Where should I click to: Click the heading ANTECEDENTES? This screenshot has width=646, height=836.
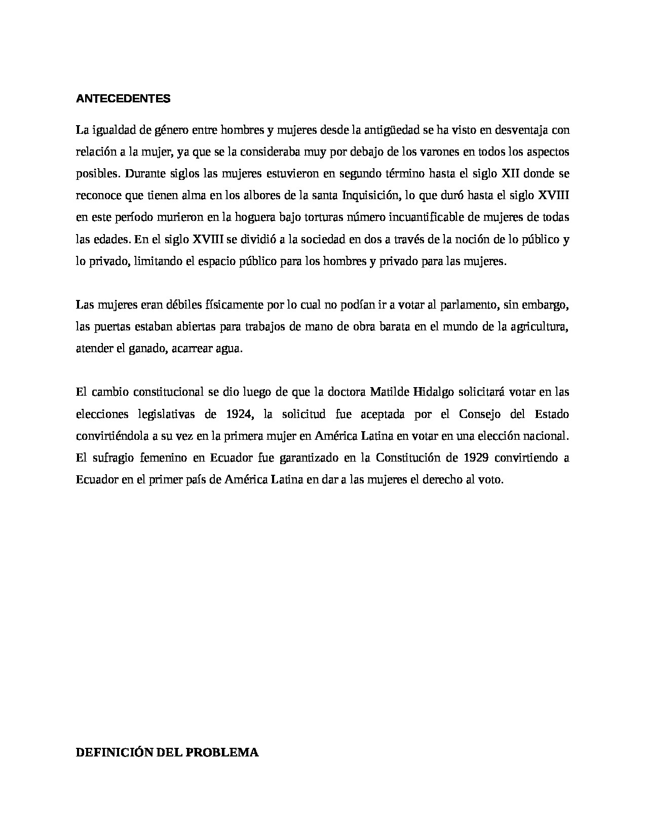(123, 99)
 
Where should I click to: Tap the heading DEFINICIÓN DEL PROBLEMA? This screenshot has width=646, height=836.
(167, 752)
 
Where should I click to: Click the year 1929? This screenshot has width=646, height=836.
(476, 458)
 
